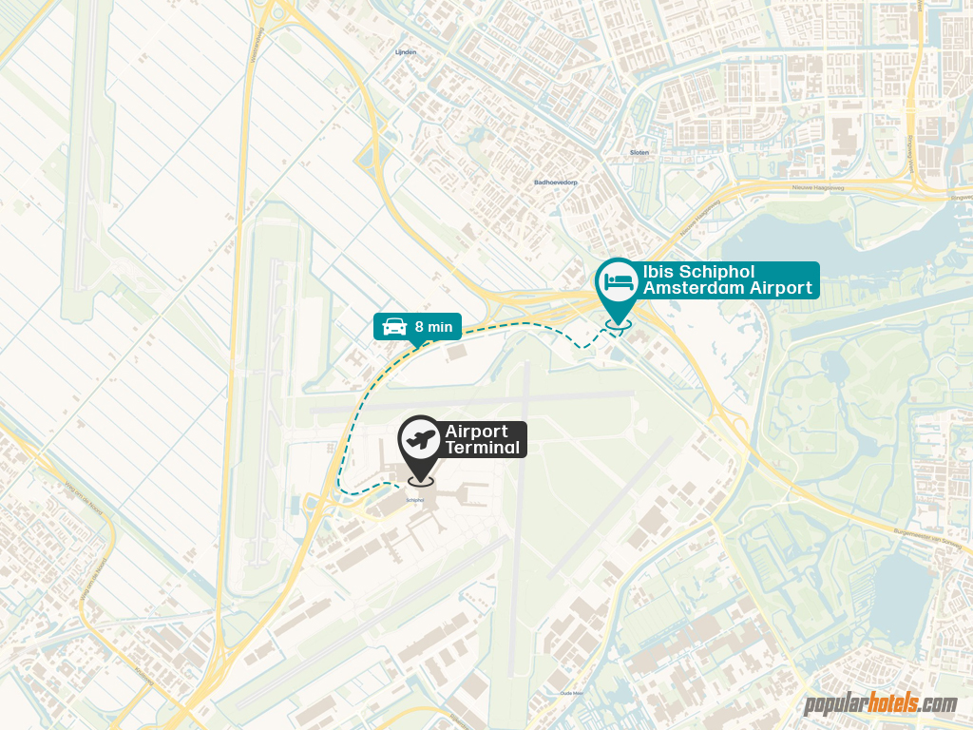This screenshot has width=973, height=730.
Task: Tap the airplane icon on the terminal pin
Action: (x=420, y=439)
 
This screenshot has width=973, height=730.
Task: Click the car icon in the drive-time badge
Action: (x=394, y=327)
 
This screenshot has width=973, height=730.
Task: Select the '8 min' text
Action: (x=433, y=327)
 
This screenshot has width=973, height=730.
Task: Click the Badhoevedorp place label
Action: (x=556, y=182)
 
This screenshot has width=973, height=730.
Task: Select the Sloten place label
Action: (x=639, y=152)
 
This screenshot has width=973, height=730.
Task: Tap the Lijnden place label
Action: (x=406, y=52)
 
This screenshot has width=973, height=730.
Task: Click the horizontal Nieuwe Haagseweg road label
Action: (x=818, y=188)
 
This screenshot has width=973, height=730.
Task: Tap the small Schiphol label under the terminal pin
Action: (x=415, y=499)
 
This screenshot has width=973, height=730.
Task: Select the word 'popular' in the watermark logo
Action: (x=836, y=705)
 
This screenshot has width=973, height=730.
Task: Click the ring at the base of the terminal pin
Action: (x=420, y=481)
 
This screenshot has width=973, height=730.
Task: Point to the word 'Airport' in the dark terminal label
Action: (x=476, y=432)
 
